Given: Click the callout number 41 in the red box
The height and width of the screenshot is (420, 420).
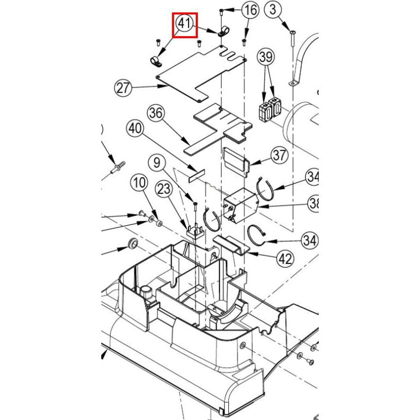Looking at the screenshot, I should [186, 24].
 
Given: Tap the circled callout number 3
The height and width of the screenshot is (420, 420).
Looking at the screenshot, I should [273, 9].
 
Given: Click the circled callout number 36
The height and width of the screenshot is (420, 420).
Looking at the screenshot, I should [155, 113].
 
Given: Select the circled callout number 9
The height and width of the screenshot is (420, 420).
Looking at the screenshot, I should [157, 162].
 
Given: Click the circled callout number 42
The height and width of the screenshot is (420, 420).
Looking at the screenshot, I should [286, 259].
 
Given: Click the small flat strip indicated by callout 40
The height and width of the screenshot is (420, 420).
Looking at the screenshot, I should [195, 173].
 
